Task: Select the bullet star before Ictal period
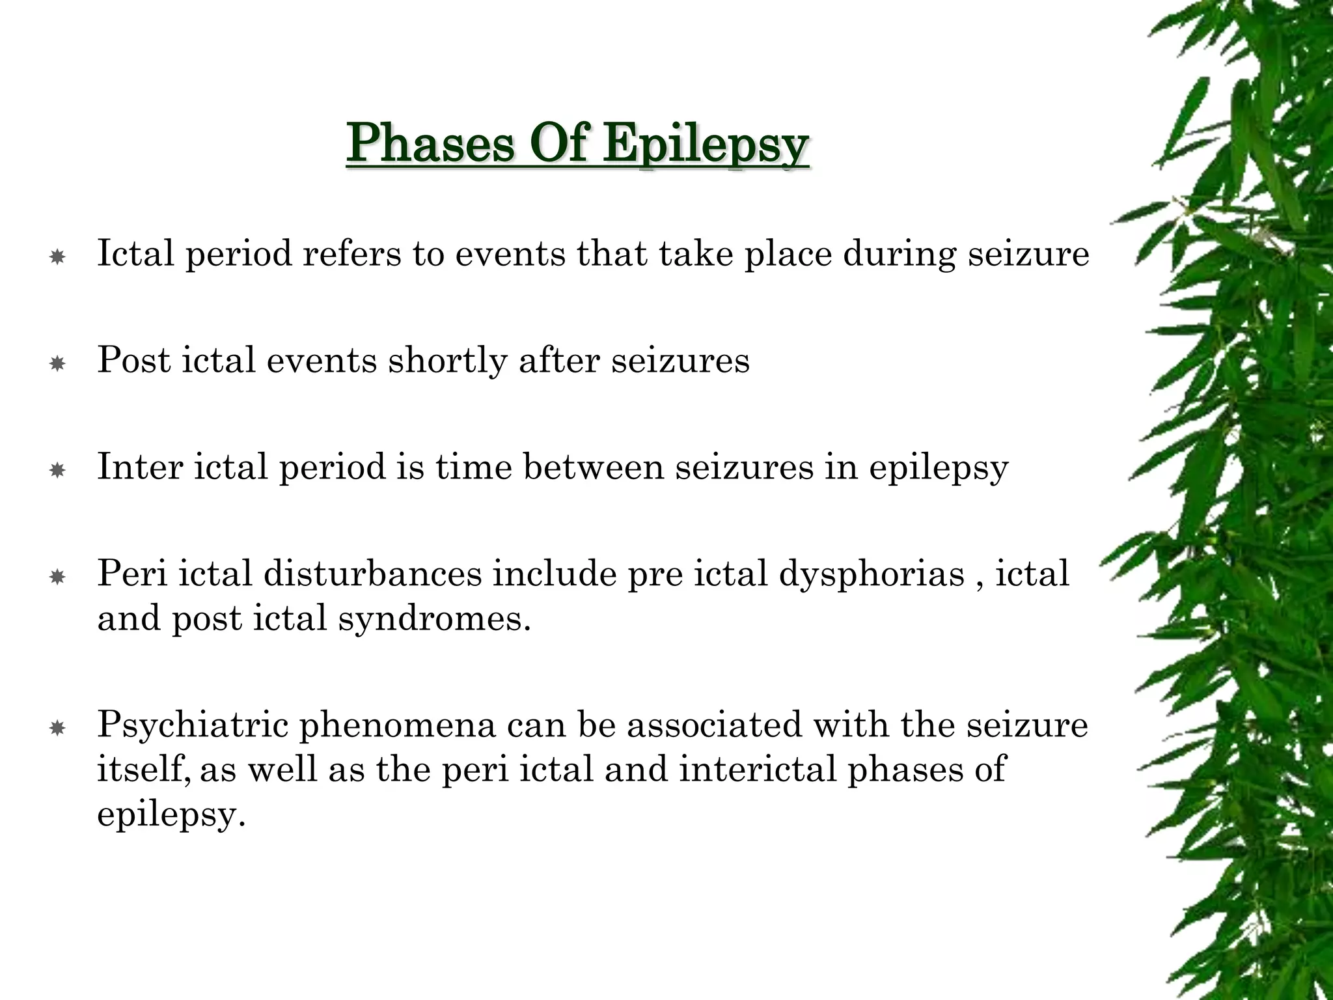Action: (x=57, y=258)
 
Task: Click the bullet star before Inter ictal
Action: (x=57, y=471)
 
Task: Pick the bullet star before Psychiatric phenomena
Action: (x=57, y=729)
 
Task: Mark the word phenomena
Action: (x=398, y=725)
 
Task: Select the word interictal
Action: (x=758, y=769)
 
